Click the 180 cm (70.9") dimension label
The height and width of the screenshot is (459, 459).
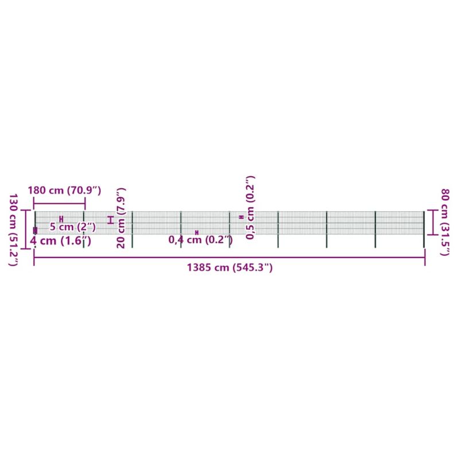click(64, 190)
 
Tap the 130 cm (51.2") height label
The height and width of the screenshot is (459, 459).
click(13, 230)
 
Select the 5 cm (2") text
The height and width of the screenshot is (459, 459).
click(73, 227)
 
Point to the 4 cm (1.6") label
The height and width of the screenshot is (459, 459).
click(61, 241)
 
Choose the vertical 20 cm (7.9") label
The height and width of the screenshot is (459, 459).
click(121, 218)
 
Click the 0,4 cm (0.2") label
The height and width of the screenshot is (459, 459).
click(201, 240)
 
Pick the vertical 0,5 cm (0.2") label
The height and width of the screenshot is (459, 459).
click(250, 208)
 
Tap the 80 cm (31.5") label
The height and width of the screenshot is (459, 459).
click(445, 222)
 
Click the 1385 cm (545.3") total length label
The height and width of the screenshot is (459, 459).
click(230, 267)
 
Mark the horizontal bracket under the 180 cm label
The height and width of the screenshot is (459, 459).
click(60, 204)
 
